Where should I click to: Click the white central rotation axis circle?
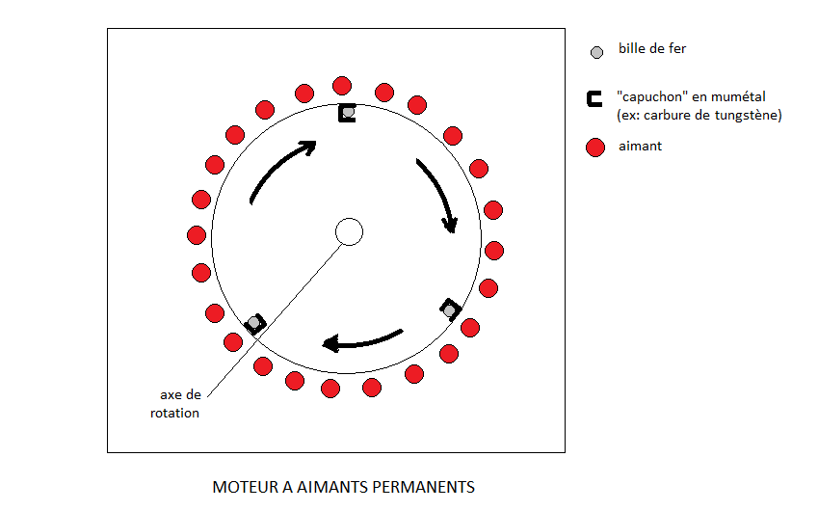348,231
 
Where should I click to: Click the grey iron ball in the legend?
596,51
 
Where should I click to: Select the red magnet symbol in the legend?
595,148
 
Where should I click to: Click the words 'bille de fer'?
652,49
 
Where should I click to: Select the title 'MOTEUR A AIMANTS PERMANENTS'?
343,487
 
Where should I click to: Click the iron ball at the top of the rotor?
348,113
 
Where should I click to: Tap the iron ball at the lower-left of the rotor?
254,321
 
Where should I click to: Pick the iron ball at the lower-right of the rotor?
449,309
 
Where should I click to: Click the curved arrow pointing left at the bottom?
361,340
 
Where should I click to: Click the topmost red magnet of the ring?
341,86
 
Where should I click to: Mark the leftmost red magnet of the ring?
197,234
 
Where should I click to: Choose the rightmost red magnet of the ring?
494,251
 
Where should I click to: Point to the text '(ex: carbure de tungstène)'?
699,116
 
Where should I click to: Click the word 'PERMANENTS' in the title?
432,487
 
